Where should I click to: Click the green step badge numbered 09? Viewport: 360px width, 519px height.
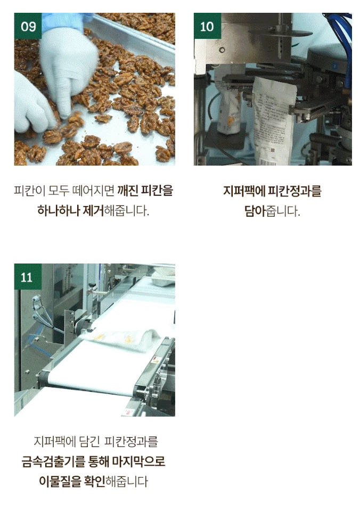(28, 26)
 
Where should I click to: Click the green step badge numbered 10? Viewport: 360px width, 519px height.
(207, 26)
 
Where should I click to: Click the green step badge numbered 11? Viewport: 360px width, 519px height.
(28, 277)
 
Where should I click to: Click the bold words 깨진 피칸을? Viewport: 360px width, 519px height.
(145, 191)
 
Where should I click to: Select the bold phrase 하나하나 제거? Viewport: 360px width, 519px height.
(70, 210)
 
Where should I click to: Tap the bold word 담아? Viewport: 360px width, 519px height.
(255, 211)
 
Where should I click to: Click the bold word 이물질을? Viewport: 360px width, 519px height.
(60, 481)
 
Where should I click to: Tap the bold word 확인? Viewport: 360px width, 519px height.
(95, 481)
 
